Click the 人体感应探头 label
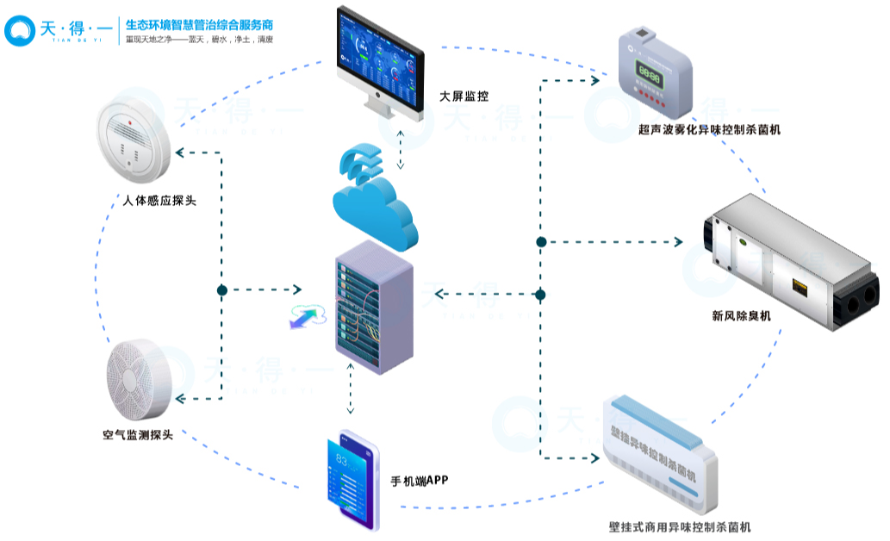pos(160,202)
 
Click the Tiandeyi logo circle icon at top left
pos(18,30)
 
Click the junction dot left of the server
pos(222,290)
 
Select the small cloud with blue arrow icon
pos(306,315)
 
